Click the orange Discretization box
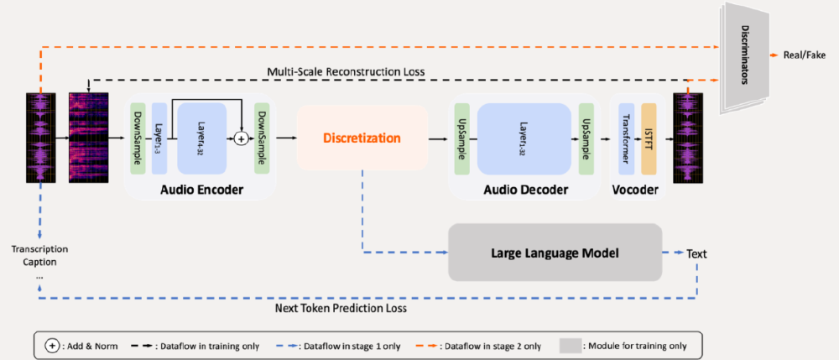coord(362,138)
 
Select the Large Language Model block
coord(555,252)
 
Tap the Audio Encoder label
coord(201,190)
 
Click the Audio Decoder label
coord(526,190)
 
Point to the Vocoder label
coord(635,190)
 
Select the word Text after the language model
coord(697,253)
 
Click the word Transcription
coord(39,249)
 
